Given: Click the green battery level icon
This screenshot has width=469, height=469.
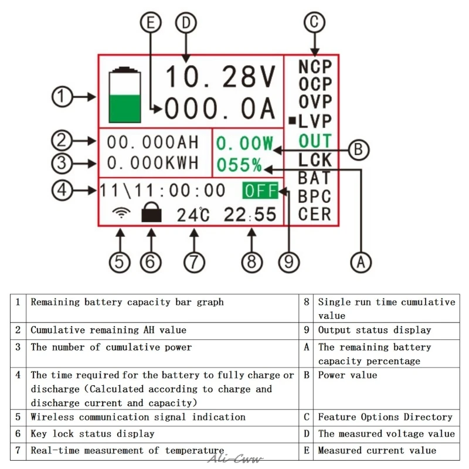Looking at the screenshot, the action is tap(125, 95).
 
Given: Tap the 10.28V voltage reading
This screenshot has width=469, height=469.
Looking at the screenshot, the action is tap(220, 77).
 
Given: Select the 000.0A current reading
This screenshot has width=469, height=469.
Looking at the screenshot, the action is tap(220, 108).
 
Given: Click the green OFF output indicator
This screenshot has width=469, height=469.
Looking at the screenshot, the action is tap(260, 191).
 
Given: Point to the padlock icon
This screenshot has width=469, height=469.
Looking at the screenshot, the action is tap(151, 212).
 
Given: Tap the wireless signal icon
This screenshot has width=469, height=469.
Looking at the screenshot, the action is tap(121, 212).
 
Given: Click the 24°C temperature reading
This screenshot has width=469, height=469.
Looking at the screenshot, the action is tap(193, 215).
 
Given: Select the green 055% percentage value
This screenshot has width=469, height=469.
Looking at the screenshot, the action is tap(239, 165).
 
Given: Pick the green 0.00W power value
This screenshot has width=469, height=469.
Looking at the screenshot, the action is tap(244, 143).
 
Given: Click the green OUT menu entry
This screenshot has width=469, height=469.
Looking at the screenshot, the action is tap(315, 141).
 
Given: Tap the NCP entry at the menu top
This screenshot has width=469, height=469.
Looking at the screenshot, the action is tap(315, 67).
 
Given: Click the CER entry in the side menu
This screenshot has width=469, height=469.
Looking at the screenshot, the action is tap(315, 214).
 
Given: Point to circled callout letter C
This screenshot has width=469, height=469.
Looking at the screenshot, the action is tap(314, 22).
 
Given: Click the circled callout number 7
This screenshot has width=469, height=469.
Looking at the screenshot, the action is tap(194, 262).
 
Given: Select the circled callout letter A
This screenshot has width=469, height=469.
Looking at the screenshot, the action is tap(361, 262).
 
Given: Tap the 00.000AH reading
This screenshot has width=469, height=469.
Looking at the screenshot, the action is tap(153, 142).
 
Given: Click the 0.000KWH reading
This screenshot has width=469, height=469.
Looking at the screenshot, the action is tap(153, 163).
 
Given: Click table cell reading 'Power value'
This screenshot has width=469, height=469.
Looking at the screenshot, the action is tap(348, 375).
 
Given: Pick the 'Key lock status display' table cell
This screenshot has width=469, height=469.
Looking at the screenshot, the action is tap(93, 434).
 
